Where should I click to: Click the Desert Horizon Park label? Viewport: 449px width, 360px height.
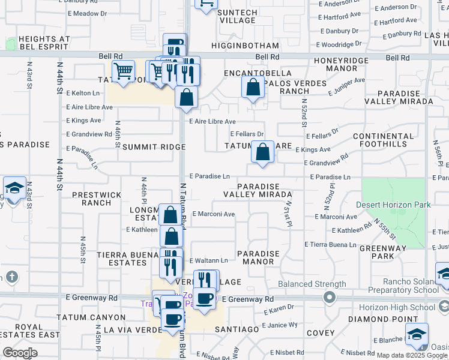393,205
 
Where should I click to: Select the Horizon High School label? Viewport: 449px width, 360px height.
406,307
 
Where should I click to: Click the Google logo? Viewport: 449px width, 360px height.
20,353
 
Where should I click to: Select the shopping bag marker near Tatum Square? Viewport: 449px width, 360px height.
262,152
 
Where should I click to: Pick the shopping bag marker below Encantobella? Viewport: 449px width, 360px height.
253,88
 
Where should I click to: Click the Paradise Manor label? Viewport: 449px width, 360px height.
259,257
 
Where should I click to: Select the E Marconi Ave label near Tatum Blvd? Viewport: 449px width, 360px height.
213,214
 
